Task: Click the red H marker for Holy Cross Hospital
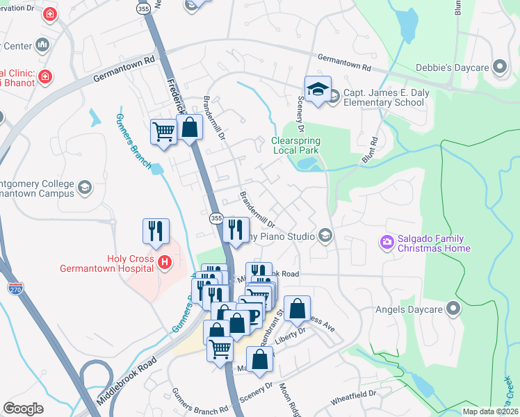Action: click(165, 262)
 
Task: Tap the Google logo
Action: click(23, 408)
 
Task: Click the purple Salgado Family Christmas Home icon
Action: click(387, 243)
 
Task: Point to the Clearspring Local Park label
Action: click(294, 145)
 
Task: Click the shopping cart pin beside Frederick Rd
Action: click(163, 131)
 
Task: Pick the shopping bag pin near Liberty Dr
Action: click(297, 311)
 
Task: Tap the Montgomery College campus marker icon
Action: click(85, 188)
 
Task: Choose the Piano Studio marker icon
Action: click(324, 236)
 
